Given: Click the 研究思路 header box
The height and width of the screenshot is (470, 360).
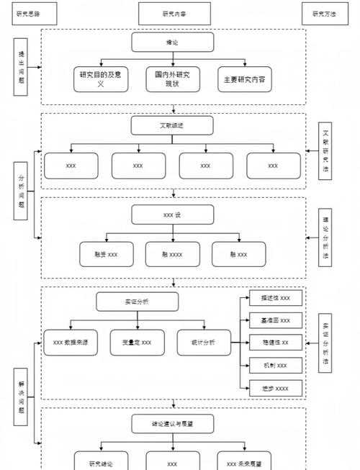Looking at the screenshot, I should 29,13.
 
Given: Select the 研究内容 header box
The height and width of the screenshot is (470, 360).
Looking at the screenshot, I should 174,13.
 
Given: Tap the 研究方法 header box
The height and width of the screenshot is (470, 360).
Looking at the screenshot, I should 323,13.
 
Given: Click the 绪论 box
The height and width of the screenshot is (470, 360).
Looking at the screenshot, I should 172,42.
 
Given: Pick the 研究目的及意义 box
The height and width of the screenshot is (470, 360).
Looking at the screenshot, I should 101,80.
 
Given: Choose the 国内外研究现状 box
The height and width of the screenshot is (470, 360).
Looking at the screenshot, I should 172,80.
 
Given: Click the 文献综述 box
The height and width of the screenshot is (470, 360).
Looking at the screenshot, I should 172,126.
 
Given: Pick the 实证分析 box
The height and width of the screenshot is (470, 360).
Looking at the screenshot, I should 137,301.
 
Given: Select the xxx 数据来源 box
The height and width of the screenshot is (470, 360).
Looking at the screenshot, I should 71,342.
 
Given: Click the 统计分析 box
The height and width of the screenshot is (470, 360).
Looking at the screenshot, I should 204,342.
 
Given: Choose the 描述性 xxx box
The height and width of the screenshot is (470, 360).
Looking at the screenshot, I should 275,298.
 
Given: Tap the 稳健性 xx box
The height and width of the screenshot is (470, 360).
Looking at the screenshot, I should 275,343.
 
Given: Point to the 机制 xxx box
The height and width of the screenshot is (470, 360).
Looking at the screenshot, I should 275,366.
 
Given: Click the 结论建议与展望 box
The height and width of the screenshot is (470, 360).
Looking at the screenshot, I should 172,423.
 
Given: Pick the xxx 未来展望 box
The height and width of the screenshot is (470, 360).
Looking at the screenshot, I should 244,461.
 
